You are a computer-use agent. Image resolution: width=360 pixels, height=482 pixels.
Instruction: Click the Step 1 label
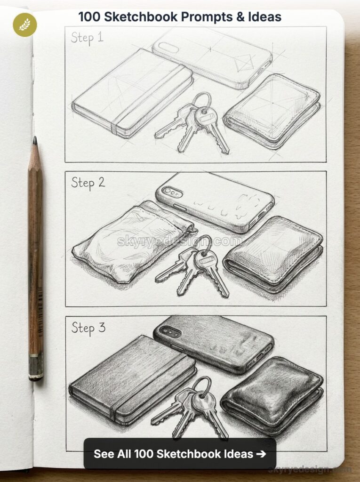[x=87, y=37]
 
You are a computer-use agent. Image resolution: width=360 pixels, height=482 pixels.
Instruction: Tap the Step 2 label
[x=88, y=182]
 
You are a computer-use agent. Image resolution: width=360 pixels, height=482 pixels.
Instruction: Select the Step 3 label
[x=88, y=328]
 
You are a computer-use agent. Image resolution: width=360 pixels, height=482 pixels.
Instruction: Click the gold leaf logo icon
[x=24, y=24]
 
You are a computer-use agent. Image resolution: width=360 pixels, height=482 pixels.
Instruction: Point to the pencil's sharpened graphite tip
[x=35, y=140]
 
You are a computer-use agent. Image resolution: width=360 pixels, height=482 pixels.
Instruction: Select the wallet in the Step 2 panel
[x=273, y=252]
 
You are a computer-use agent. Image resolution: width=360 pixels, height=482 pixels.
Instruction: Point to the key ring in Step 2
[x=202, y=243]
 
